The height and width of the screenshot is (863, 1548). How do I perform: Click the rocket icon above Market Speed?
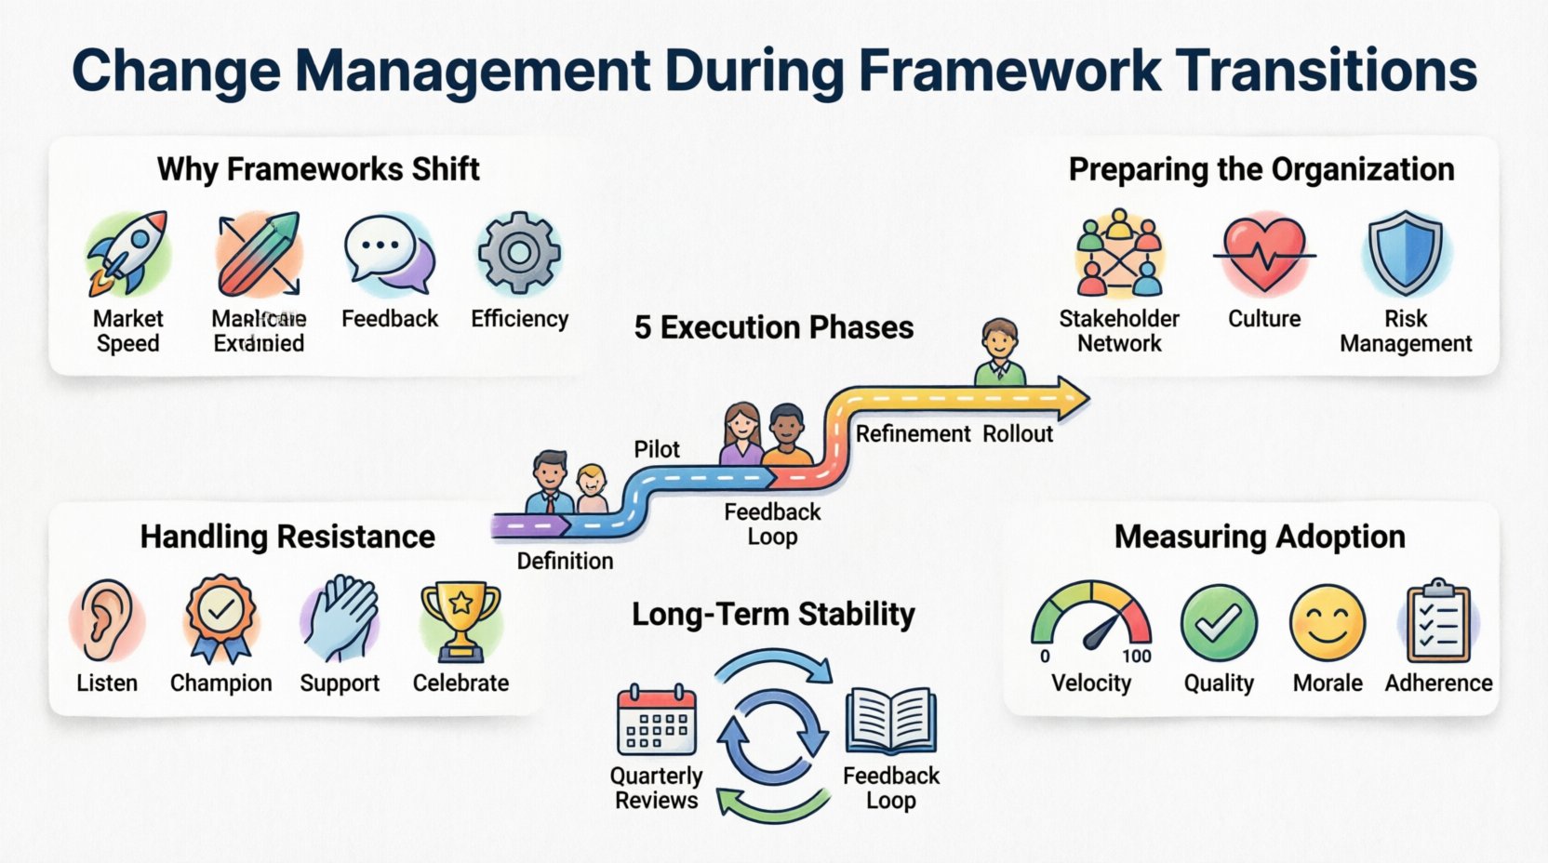click(x=128, y=253)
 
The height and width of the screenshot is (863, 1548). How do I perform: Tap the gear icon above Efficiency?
click(x=519, y=253)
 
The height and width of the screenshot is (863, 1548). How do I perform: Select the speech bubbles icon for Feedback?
click(x=389, y=253)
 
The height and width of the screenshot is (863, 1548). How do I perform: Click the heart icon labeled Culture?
click(x=1264, y=253)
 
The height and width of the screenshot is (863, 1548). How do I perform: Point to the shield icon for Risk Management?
click(x=1406, y=253)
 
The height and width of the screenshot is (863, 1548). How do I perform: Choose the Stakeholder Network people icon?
click(x=1119, y=253)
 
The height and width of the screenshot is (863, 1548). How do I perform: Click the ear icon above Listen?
click(x=106, y=619)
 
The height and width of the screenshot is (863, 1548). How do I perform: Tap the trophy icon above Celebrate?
click(x=460, y=619)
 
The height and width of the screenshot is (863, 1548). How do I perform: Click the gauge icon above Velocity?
click(x=1091, y=617)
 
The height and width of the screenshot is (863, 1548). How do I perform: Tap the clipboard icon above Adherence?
click(x=1438, y=620)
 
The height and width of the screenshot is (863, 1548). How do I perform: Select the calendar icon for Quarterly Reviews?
click(x=657, y=721)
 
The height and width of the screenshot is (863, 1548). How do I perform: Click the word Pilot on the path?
click(x=657, y=449)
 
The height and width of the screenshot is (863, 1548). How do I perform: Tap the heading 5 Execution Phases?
click(x=773, y=327)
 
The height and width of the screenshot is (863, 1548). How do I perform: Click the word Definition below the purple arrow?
click(x=565, y=561)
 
